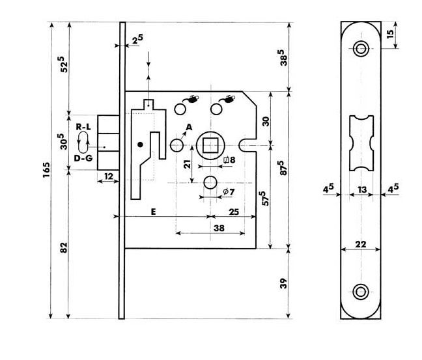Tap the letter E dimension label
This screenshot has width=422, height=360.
[x=154, y=211]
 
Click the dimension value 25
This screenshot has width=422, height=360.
[x=232, y=211]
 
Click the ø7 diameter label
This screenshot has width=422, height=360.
[x=229, y=191]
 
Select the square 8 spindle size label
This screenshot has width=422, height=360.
[x=229, y=159]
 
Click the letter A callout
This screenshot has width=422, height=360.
[x=190, y=126]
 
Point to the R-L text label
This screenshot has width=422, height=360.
[x=83, y=126]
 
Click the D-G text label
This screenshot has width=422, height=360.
[x=83, y=158]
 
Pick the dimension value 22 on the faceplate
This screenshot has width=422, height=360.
[x=359, y=244]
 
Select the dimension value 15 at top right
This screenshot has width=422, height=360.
[x=390, y=34]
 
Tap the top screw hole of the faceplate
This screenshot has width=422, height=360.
[x=360, y=48]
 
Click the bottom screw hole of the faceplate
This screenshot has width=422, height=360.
[x=360, y=290]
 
